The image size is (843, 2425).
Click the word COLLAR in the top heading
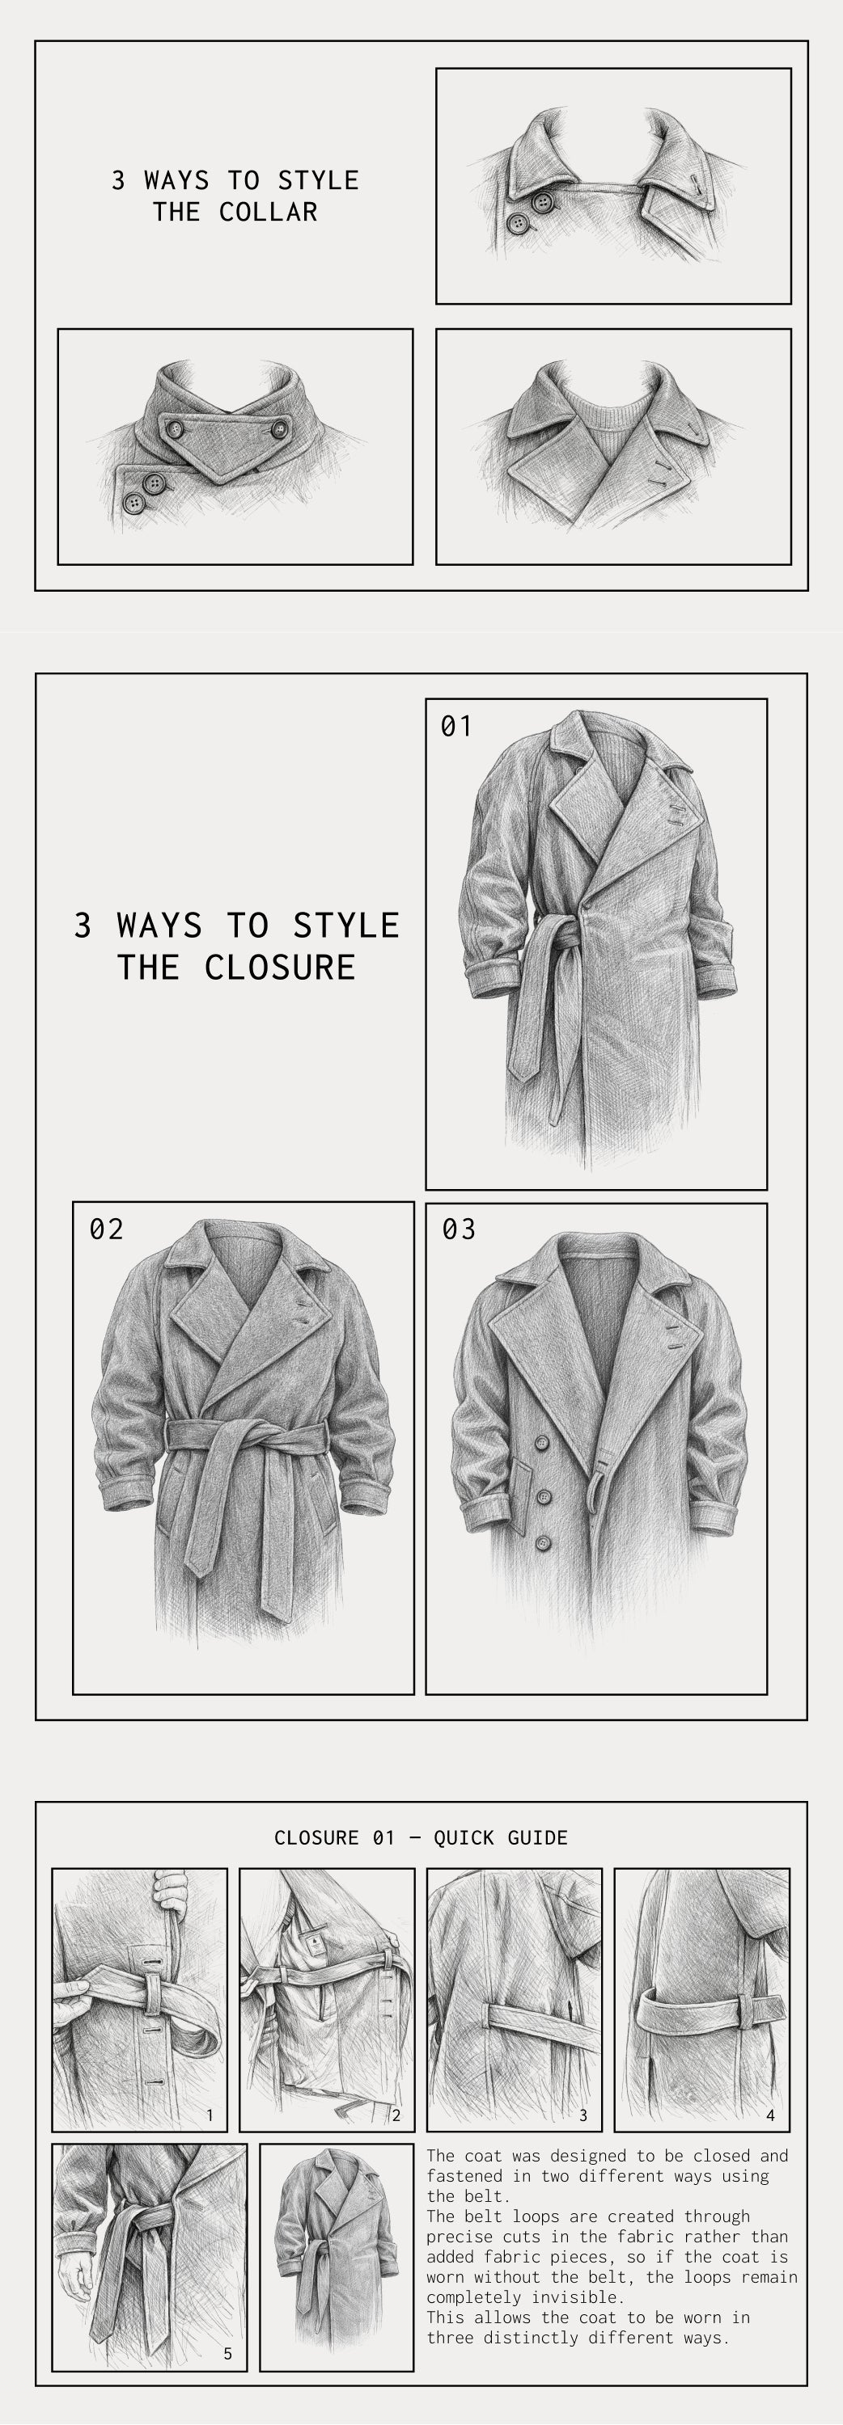point(269,212)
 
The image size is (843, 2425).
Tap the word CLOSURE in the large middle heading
point(280,967)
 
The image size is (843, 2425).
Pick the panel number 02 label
point(107,1229)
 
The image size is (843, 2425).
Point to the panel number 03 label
point(459,1229)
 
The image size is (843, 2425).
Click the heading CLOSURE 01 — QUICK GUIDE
point(421,1837)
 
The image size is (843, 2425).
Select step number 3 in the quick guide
point(583,2115)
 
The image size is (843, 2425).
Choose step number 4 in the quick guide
point(770,2115)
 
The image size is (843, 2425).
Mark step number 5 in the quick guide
point(227,2353)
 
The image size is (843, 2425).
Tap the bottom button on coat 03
point(544,1543)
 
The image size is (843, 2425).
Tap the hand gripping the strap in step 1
point(171,1889)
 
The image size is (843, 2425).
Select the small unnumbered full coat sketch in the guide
point(337,2254)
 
